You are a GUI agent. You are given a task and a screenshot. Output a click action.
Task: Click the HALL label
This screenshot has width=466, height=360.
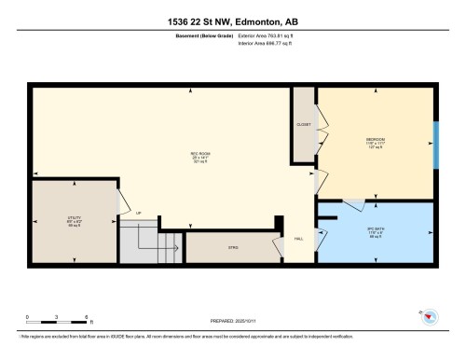tap(298, 240)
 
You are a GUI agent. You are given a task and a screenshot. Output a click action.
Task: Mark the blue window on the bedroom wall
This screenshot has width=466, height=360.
tap(435, 144)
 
